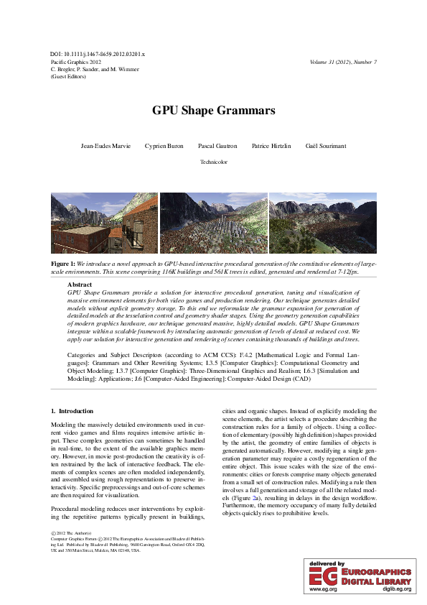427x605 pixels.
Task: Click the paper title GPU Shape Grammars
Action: coord(213,111)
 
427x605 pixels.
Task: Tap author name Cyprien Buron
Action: coord(163,145)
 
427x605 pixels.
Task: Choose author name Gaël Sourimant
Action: coord(325,145)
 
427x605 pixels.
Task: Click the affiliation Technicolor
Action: coord(213,162)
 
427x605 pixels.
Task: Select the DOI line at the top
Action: coord(98,55)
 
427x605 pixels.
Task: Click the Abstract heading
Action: coord(79,285)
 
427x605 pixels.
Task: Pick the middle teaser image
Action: coord(213,223)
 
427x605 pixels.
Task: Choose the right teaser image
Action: coord(322,223)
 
